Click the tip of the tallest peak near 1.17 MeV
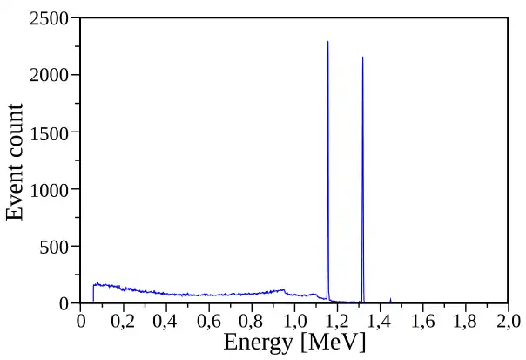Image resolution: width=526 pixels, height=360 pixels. click(x=327, y=42)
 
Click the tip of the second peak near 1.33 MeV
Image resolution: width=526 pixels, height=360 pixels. click(x=362, y=58)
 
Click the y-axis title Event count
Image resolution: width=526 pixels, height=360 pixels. click(x=15, y=161)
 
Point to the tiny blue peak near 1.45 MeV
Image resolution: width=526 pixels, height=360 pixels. click(x=390, y=299)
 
